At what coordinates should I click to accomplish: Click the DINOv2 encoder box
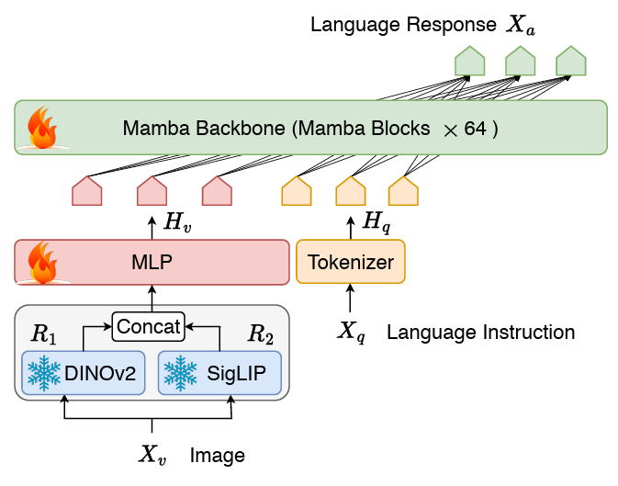[x=83, y=373]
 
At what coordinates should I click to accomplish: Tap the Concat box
[x=148, y=324]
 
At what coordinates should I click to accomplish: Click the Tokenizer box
[x=350, y=262]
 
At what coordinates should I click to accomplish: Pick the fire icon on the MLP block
[x=42, y=262]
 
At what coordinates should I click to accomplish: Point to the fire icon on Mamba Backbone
[x=42, y=127]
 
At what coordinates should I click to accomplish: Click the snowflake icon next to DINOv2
[x=44, y=373]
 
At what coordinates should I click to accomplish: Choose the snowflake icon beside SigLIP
[x=180, y=373]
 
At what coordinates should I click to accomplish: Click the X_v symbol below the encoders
[x=152, y=454]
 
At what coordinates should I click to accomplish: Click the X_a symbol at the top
[x=521, y=25]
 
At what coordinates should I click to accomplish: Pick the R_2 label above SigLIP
[x=260, y=333]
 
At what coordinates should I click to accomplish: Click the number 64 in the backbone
[x=475, y=129]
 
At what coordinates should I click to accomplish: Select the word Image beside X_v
[x=217, y=455]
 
